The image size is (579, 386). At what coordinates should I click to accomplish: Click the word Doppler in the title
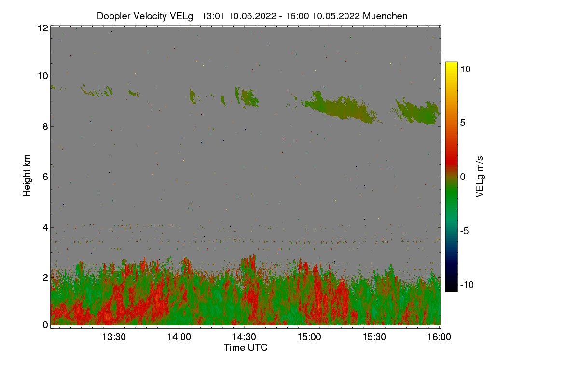point(113,16)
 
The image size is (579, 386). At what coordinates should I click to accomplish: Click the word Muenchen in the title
point(385,16)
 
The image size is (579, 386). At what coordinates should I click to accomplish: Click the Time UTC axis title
point(246,347)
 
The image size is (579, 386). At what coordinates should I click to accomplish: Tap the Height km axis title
point(27,176)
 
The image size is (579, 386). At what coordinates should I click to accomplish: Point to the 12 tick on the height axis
point(42,28)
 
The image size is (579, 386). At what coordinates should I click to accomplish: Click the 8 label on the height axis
point(45,126)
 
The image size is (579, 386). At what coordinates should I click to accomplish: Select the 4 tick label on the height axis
point(45,227)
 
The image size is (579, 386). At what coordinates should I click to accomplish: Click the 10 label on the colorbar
point(465,69)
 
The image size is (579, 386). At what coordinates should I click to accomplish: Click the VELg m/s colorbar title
point(480,176)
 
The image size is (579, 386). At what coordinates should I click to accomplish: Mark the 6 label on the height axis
point(45,177)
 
